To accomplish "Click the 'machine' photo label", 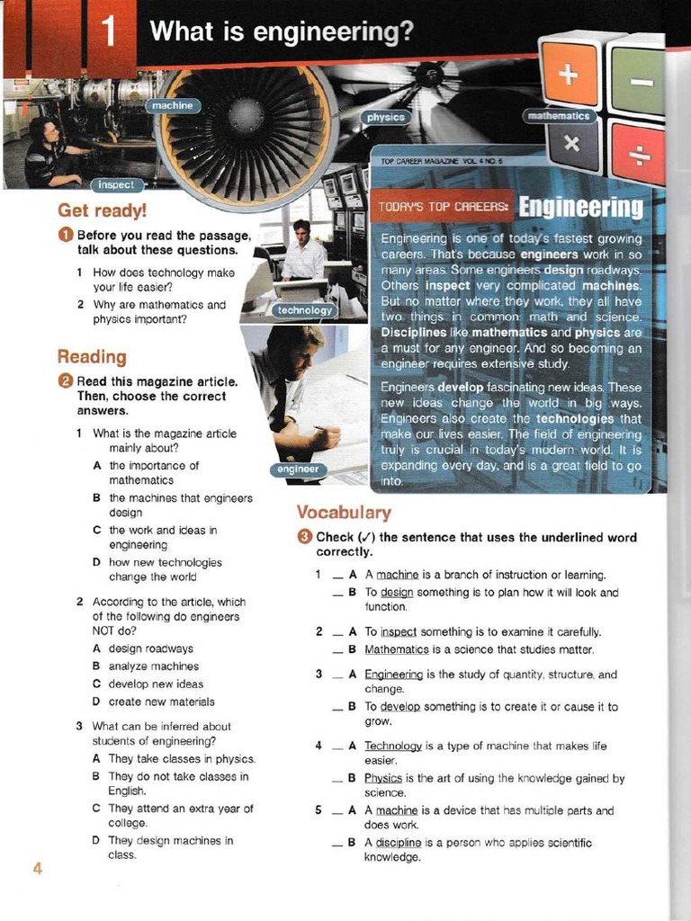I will pyautogui.click(x=172, y=106).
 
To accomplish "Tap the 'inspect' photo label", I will pyautogui.click(x=115, y=184).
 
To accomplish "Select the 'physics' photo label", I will pyautogui.click(x=387, y=118).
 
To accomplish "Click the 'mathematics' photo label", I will pyautogui.click(x=559, y=116).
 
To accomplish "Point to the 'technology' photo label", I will pyautogui.click(x=305, y=310).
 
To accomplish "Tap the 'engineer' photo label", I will pyautogui.click(x=298, y=469).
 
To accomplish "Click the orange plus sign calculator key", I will pyautogui.click(x=569, y=75).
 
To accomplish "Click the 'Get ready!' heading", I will pyautogui.click(x=102, y=210).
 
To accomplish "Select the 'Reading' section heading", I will pyautogui.click(x=92, y=357).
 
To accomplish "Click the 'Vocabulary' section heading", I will pyautogui.click(x=344, y=513).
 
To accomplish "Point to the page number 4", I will pyautogui.click(x=38, y=868).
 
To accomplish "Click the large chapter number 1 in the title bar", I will pyautogui.click(x=108, y=33).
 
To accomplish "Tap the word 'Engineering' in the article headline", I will pyautogui.click(x=582, y=207).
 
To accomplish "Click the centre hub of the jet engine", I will pyautogui.click(x=245, y=116).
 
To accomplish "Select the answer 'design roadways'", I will pyautogui.click(x=150, y=648).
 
